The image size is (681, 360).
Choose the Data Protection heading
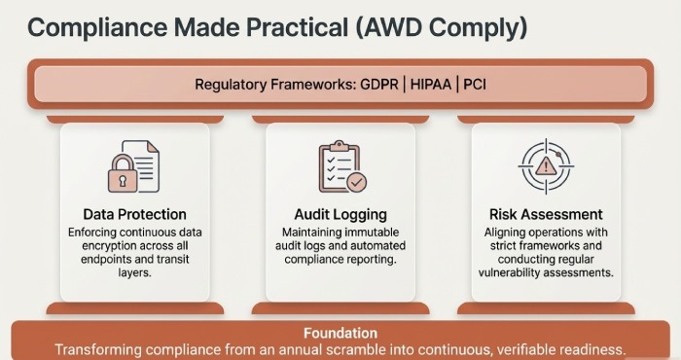coord(134,214)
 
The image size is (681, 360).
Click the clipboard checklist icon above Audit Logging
coord(340,167)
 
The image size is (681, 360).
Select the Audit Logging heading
coord(340,214)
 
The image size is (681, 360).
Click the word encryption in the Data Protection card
coord(104,247)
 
